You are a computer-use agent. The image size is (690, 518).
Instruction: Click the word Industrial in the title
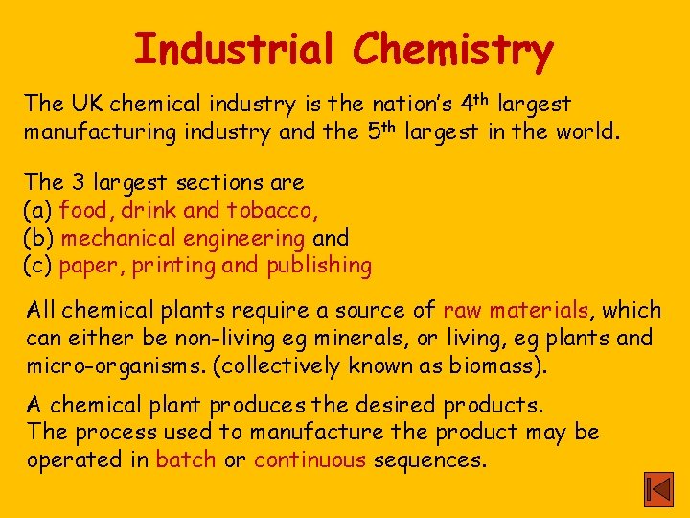click(x=234, y=48)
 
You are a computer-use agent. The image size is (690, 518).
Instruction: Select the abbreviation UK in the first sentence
click(x=85, y=103)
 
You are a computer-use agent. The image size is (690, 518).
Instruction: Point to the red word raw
click(x=463, y=310)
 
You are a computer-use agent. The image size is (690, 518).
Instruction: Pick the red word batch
click(x=186, y=459)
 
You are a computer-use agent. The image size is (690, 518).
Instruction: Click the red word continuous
click(x=310, y=459)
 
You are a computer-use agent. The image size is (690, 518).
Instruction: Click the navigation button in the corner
click(x=658, y=489)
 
